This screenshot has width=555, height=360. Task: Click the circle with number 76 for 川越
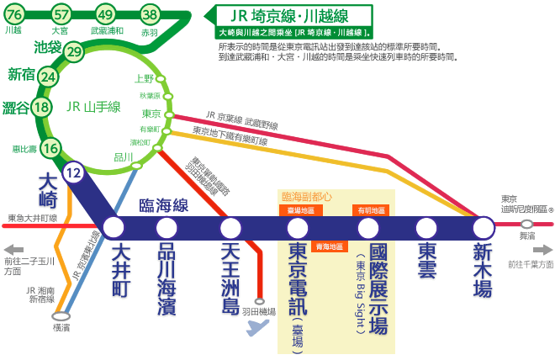click(x=14, y=14)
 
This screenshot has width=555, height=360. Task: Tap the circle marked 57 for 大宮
click(x=61, y=14)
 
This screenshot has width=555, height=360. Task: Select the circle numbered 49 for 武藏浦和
click(x=105, y=14)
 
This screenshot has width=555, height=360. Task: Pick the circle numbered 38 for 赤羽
click(x=150, y=14)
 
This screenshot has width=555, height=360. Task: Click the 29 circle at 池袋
click(x=73, y=52)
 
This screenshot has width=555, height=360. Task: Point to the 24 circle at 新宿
click(x=49, y=77)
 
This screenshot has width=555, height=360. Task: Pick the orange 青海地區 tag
click(x=329, y=246)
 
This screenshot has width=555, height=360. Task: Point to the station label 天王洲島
click(x=230, y=278)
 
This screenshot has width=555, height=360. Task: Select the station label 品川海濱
click(x=166, y=278)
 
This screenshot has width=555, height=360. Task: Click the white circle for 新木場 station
click(x=483, y=228)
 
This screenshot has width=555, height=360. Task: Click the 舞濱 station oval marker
click(x=526, y=225)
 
